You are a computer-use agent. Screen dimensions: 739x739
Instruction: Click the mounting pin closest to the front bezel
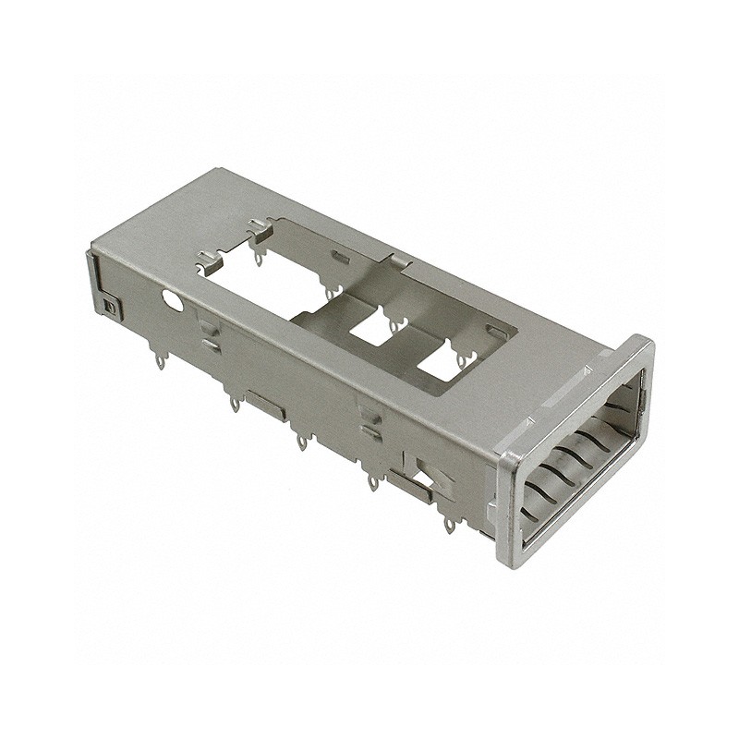coord(449,525)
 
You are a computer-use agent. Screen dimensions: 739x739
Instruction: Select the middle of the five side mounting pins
coord(301,443)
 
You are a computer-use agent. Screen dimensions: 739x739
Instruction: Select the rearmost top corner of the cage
coord(214,171)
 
